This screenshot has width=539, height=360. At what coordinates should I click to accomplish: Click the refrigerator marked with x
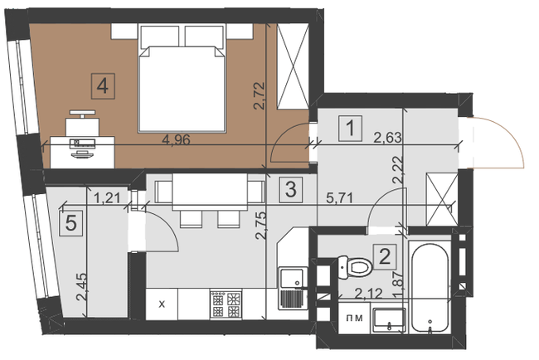tap(163, 303)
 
